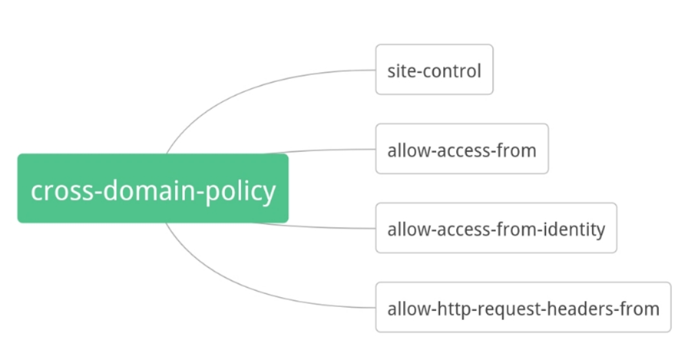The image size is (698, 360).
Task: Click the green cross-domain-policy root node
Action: (153, 188)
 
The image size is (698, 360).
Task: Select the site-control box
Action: (434, 70)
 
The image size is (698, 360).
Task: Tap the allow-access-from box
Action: (461, 149)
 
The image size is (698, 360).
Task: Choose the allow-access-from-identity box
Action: (496, 228)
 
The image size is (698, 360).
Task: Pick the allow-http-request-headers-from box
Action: (523, 308)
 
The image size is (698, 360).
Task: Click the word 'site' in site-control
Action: (400, 70)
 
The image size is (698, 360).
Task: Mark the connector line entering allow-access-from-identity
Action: (323, 227)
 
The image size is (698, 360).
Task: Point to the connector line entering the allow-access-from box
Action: (323, 150)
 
